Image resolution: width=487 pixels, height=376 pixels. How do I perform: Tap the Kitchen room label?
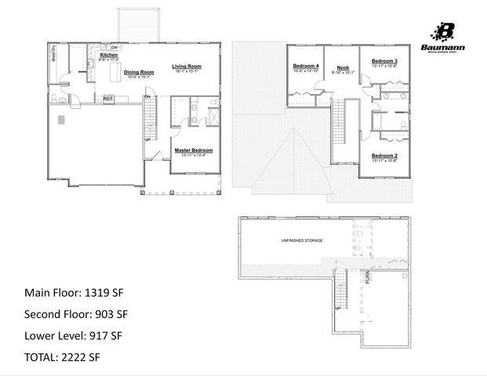[108, 56]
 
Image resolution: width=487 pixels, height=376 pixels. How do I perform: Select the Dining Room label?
[138, 71]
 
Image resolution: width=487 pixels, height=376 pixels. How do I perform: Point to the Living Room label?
[187, 66]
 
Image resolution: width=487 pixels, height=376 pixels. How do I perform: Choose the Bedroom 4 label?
[306, 66]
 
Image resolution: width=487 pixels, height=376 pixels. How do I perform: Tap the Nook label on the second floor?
[343, 67]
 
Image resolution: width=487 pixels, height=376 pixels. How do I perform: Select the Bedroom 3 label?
[384, 61]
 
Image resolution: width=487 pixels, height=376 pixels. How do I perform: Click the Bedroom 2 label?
[384, 155]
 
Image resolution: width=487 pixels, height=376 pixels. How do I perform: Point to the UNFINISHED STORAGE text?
[302, 240]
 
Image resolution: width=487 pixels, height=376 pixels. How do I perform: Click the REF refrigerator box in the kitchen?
[109, 98]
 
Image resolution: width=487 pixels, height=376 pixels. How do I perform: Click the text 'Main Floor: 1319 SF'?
[75, 293]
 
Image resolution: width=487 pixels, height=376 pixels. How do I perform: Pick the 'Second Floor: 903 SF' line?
[77, 314]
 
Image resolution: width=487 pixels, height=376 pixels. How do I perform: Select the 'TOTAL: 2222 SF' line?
[63, 357]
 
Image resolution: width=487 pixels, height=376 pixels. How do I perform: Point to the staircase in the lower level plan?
[341, 298]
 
